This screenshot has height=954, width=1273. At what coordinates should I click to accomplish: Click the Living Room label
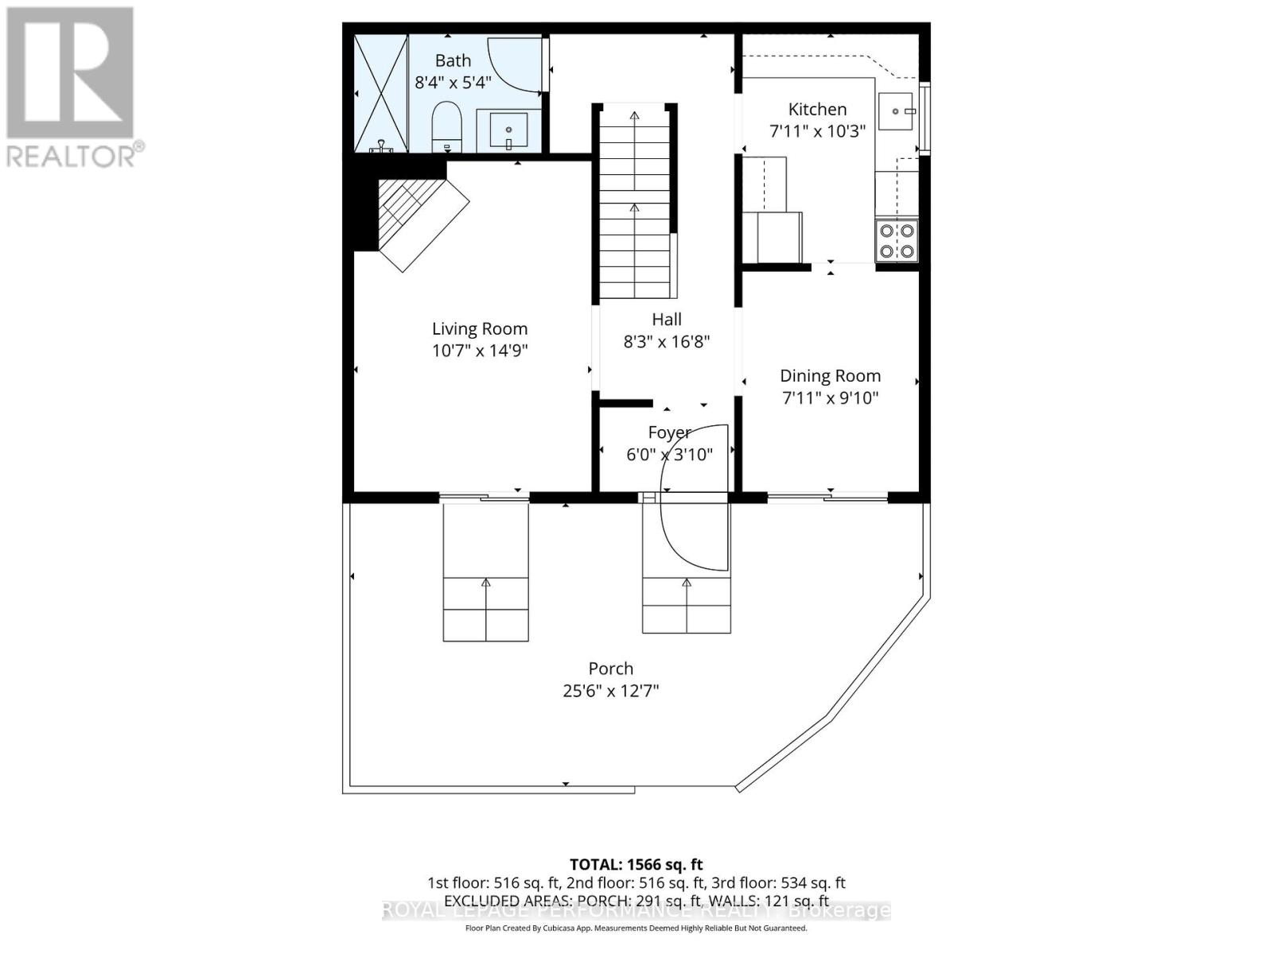click(x=479, y=328)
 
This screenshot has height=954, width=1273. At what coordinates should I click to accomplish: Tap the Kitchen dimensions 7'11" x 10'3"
click(x=817, y=131)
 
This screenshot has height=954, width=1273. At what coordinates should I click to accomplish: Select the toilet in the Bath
click(x=447, y=126)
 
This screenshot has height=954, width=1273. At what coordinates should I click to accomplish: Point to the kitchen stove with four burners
click(x=897, y=241)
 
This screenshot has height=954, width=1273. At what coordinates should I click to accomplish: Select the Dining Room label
click(x=830, y=375)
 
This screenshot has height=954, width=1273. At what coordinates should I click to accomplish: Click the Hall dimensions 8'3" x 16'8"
click(x=666, y=342)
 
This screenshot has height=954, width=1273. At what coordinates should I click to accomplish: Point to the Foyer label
click(x=668, y=432)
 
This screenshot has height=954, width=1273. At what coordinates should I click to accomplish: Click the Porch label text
click(x=610, y=669)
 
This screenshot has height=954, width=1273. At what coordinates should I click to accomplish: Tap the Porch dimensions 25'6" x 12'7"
click(x=610, y=691)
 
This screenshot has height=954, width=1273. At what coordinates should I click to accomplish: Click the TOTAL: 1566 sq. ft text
click(x=636, y=864)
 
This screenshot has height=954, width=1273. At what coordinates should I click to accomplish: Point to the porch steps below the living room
click(x=485, y=609)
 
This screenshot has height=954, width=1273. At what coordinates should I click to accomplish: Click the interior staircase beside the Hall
click(x=634, y=203)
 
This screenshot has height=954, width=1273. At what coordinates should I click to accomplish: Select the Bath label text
click(x=453, y=60)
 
